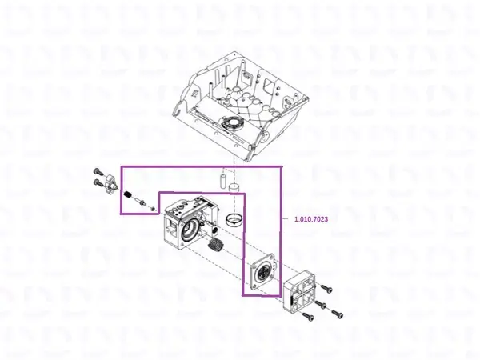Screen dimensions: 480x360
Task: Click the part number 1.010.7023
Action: point(311,219)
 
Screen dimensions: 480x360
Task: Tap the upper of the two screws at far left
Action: point(98,170)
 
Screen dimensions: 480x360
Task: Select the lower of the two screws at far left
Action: point(98,183)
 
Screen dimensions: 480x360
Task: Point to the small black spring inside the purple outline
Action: point(127,194)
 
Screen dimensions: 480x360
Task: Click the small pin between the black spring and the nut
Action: point(141,201)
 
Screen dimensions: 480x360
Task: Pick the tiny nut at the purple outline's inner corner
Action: point(153,209)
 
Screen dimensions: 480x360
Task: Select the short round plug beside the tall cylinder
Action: point(234,186)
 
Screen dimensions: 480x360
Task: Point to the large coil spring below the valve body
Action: point(216,245)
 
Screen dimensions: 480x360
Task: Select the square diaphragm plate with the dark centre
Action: point(263,271)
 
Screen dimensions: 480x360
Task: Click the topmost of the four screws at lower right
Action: point(326,288)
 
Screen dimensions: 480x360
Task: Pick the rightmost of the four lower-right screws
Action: point(337,314)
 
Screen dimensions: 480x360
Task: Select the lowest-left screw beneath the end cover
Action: point(307,317)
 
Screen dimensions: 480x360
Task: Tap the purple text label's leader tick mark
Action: point(285,218)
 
